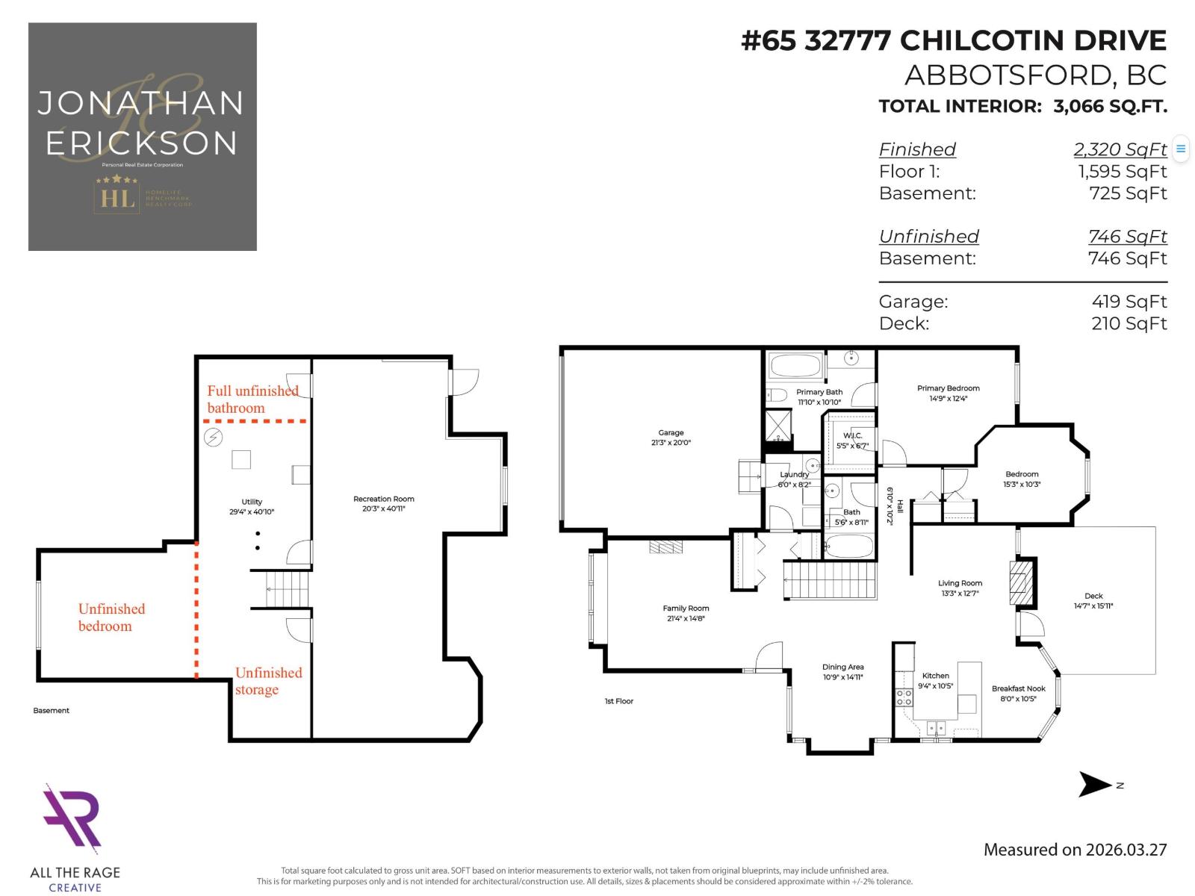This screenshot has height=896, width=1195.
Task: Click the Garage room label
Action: tap(671, 433)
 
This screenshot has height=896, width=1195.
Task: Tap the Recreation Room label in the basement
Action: tap(383, 499)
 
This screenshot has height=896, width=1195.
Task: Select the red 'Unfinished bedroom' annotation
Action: tap(111, 617)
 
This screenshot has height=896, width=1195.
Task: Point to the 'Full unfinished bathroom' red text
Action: tap(252, 399)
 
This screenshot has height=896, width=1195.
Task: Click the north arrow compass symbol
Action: tap(1096, 785)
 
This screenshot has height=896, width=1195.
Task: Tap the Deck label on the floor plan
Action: tap(1093, 596)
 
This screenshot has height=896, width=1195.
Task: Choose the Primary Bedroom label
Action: tap(948, 388)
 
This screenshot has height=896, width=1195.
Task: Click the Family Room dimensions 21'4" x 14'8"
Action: tap(686, 618)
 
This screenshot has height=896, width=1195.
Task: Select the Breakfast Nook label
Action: tap(1018, 688)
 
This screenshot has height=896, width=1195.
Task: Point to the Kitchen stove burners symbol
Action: tap(904, 697)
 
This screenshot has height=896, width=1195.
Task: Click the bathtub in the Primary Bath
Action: tap(795, 366)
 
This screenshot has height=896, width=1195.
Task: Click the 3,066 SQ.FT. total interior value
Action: tap(1110, 106)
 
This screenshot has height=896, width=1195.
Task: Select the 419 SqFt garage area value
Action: tap(1129, 302)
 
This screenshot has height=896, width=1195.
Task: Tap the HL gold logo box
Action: tap(117, 198)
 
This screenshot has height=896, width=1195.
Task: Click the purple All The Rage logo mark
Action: tap(72, 819)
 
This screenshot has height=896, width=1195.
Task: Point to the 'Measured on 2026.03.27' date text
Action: tap(1075, 850)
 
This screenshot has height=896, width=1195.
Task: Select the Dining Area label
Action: tap(842, 667)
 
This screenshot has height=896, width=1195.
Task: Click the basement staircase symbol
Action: tap(288, 589)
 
